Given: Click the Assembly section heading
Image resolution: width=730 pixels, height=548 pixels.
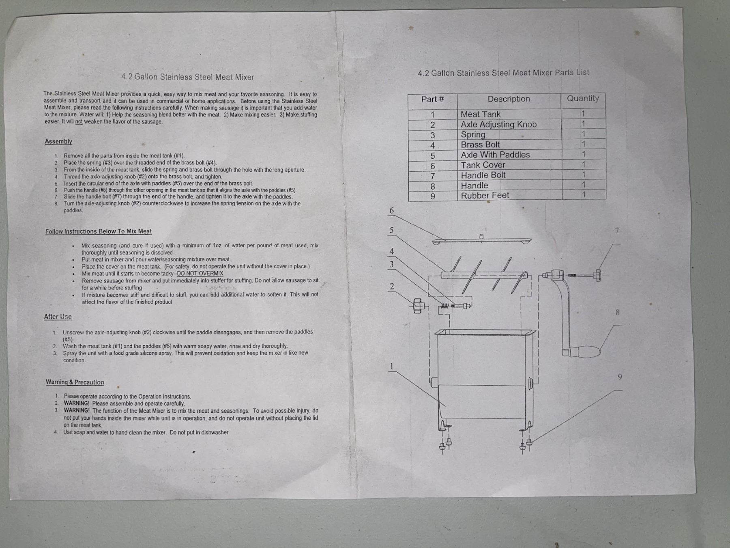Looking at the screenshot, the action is pos(58,141).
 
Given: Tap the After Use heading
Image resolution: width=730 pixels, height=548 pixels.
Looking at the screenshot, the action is pos(58,317).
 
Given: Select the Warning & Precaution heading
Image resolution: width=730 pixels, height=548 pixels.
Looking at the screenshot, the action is pos(75,382).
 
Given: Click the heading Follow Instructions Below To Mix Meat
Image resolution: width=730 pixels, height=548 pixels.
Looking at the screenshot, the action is pos(99,231).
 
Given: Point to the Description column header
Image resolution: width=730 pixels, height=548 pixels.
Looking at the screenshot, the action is pos(509,99).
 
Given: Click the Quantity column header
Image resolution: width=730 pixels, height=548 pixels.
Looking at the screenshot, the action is pos(583,98).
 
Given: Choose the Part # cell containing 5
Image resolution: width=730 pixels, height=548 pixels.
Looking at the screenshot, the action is pos(433,156).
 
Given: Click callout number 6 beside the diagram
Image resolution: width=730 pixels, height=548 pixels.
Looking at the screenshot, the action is pos(391,210).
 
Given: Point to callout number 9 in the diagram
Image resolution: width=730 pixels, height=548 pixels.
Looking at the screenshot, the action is pos(620,377).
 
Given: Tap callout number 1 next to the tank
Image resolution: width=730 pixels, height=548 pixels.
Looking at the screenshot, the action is pos(391,366).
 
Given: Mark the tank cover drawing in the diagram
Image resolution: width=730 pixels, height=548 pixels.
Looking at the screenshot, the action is pos(482,240).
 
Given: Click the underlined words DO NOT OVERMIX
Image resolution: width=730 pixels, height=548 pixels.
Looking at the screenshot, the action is pos(200,273).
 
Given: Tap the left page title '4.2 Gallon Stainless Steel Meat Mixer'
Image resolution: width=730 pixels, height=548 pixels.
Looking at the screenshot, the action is pos(187,77).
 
